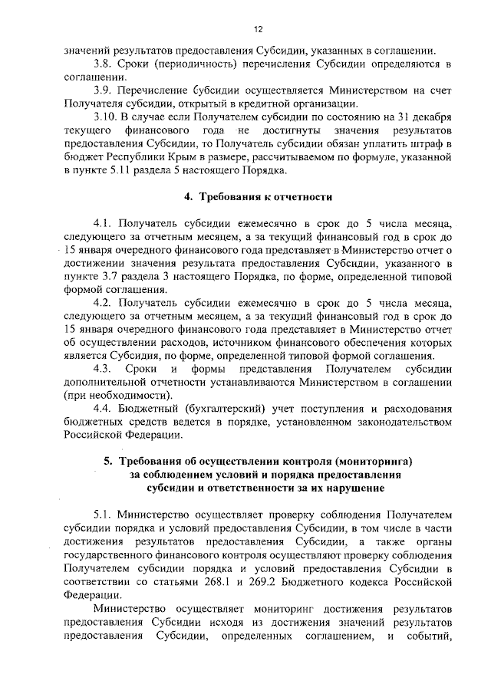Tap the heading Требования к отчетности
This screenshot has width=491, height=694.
(263, 197)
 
